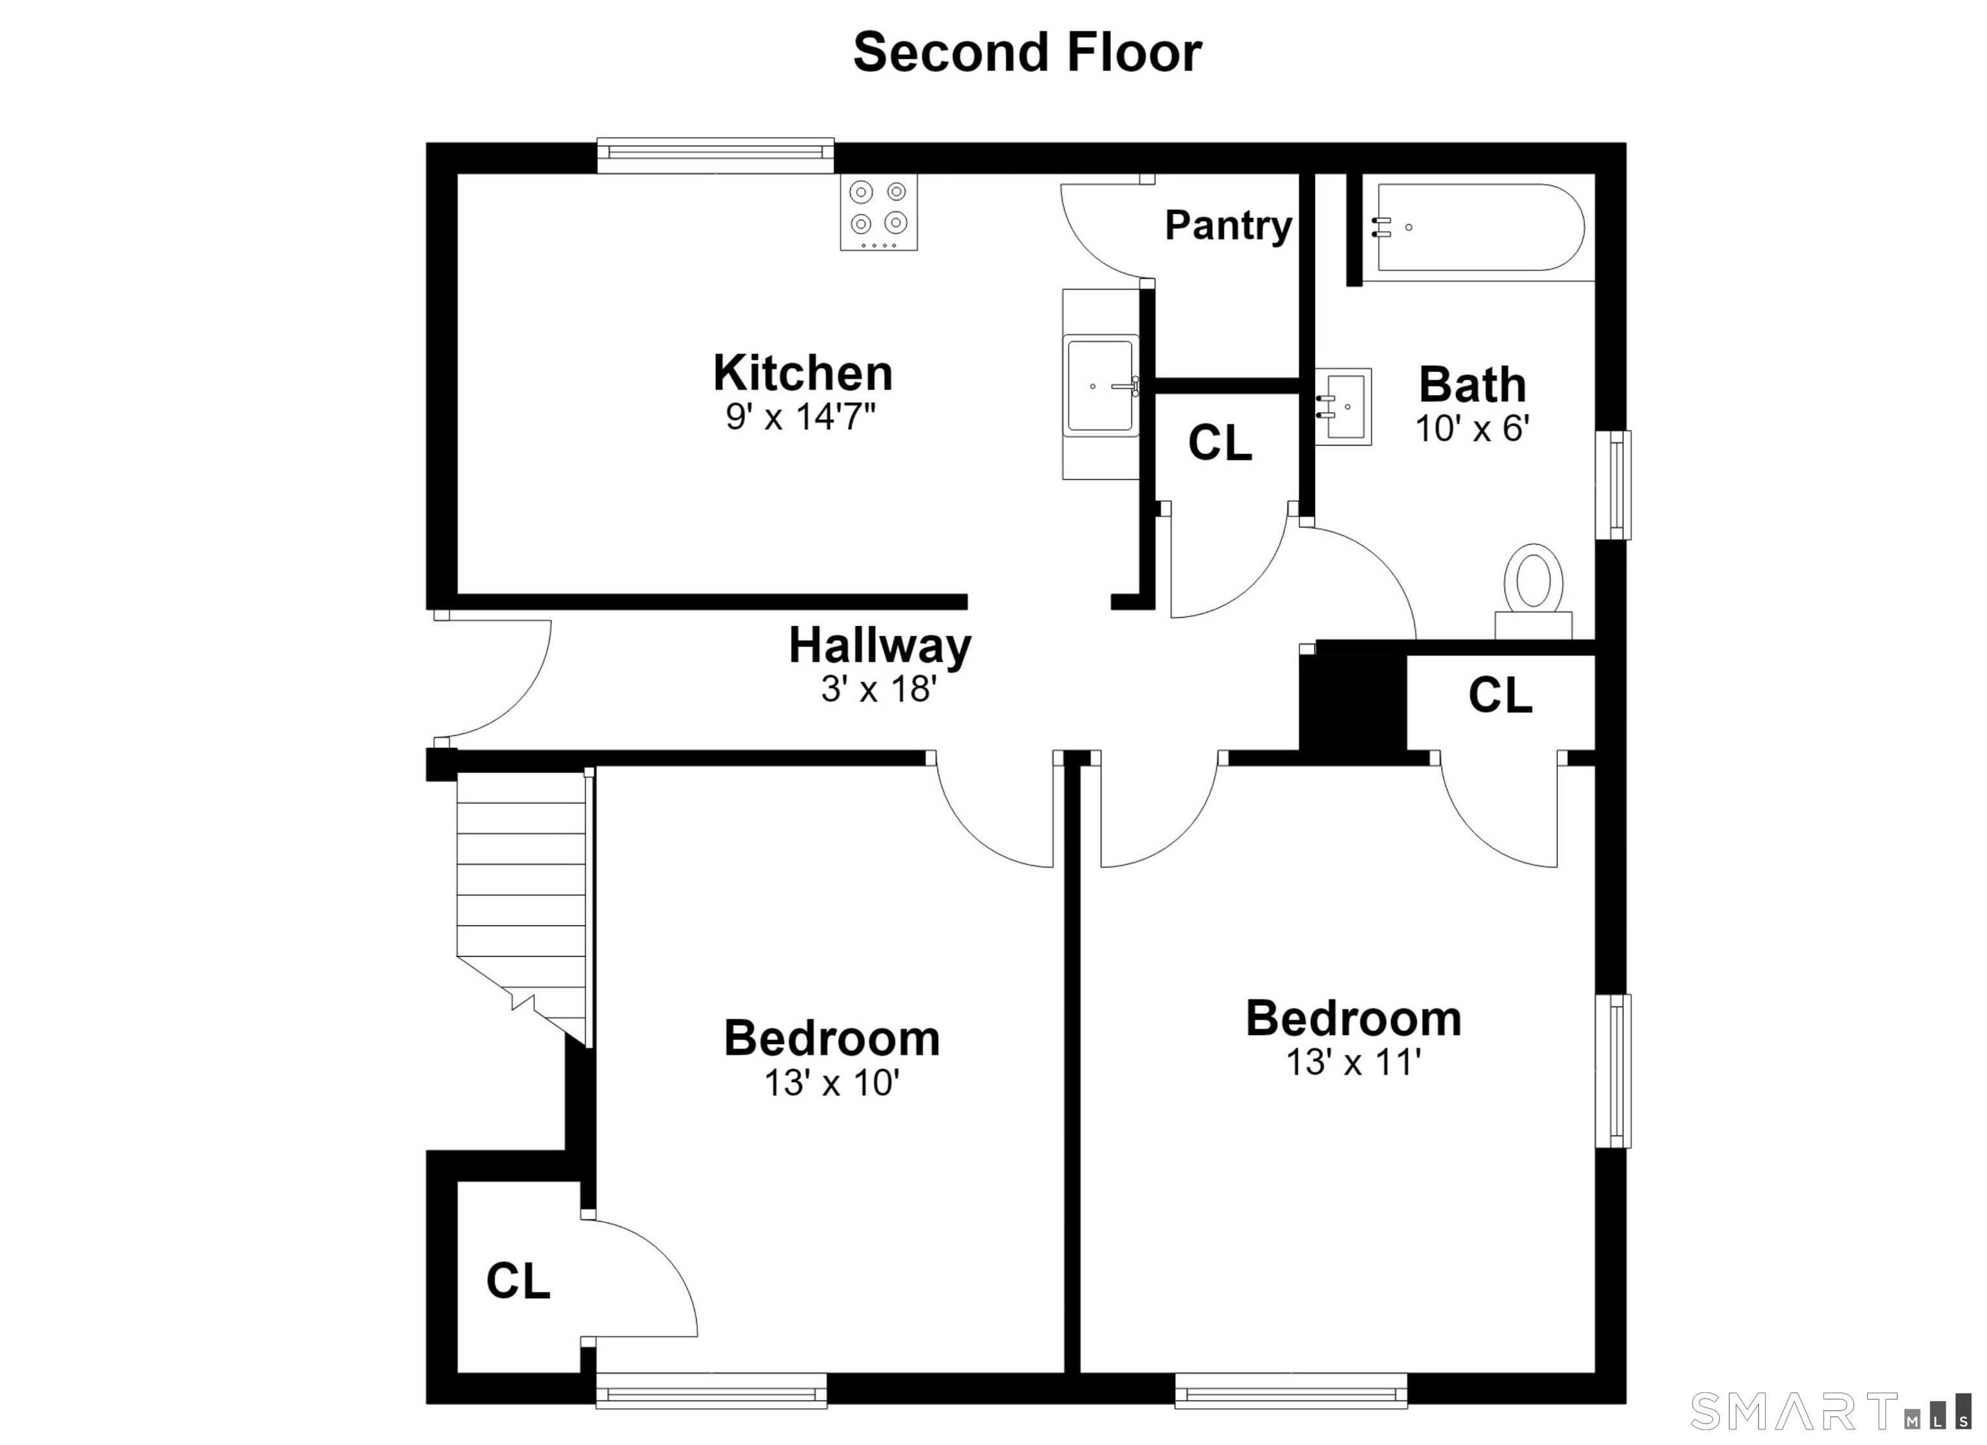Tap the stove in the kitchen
879,212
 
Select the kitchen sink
1100,385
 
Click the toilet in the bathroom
1533,591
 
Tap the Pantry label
1228,226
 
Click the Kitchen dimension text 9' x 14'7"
801,417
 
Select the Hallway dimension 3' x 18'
879,689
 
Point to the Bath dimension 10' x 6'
1473,428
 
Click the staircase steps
521,902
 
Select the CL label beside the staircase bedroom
519,1281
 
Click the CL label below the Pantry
1221,444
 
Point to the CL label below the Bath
1501,696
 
